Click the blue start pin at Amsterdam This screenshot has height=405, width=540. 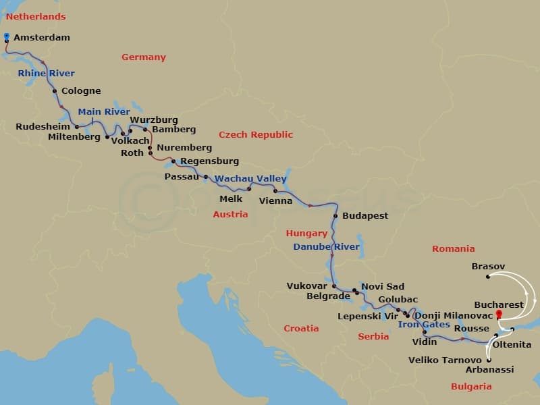pos(6,36)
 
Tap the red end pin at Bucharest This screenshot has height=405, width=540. pos(499,314)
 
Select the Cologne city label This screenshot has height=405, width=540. pos(81,91)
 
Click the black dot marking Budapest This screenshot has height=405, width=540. pos(335,216)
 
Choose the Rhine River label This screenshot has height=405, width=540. pos(47,74)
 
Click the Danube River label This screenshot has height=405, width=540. pos(326,247)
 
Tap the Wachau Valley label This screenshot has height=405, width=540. pos(250,179)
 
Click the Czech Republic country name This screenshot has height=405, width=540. pos(256,135)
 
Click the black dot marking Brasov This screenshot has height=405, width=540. pos(488,276)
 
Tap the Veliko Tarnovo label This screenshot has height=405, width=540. pos(445,360)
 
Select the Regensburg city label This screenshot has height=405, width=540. pos(209,161)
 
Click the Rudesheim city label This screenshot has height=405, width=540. pos(43,126)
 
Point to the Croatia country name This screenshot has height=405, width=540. pos(301,329)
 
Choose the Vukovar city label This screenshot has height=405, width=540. pos(307,286)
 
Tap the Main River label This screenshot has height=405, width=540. pos(104,112)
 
